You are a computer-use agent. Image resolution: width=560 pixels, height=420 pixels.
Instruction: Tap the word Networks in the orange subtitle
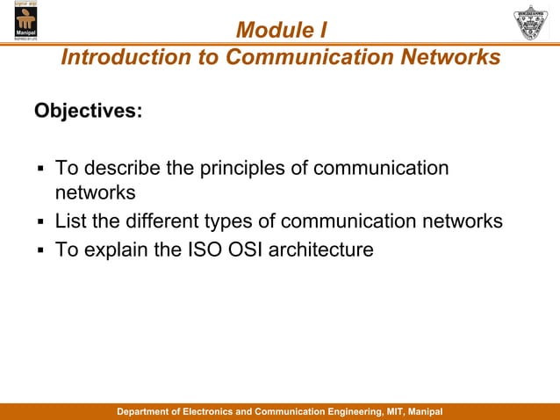point(449,57)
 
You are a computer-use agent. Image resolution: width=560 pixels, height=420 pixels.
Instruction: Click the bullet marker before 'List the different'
point(39,221)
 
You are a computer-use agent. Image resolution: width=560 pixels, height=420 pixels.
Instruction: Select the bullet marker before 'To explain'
point(39,250)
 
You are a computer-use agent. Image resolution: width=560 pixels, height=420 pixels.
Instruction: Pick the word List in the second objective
point(70,221)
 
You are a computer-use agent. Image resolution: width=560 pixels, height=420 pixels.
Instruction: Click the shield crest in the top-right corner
point(533,22)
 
